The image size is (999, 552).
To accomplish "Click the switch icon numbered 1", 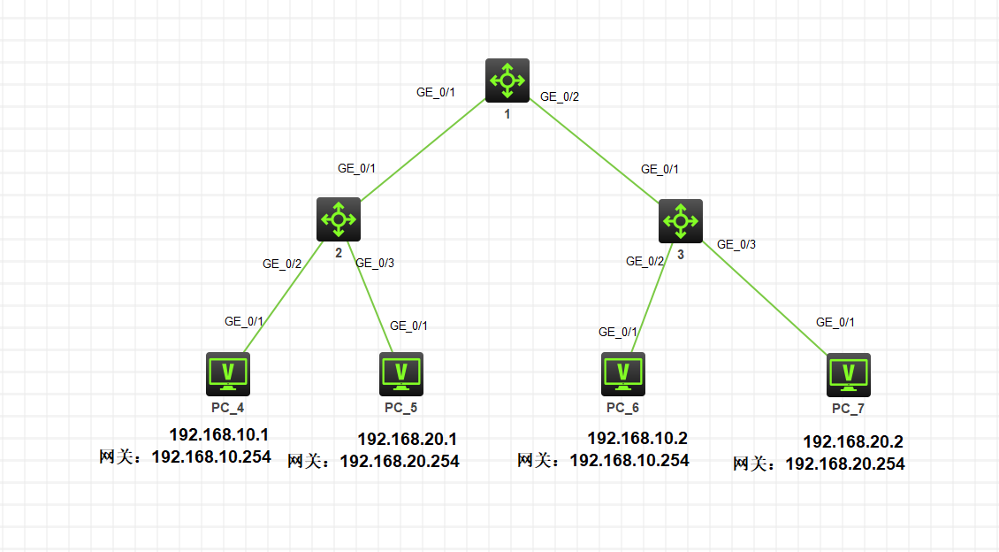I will pos(507,80).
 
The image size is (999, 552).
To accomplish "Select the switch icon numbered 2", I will pos(339,218).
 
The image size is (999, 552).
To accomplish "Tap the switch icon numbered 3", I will pos(681,220).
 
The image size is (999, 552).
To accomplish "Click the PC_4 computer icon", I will pos(228,373).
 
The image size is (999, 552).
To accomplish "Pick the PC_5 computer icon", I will pos(401,373).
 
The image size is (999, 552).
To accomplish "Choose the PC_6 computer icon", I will pos(623,373).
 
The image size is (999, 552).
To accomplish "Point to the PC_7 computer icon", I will pos(849,375).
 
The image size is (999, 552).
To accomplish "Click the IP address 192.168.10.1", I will pos(218,434).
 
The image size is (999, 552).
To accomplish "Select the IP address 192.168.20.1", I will pos(407,439).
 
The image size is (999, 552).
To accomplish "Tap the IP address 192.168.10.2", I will pos(637,438).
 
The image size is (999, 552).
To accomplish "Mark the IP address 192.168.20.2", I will pos(852,441).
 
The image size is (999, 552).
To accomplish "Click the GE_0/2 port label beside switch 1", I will pos(560,97).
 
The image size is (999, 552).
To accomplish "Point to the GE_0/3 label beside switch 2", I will pos(374,263).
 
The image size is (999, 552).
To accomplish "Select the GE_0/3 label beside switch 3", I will pos(736,244).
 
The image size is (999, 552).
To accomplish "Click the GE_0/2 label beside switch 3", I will pos(644,261).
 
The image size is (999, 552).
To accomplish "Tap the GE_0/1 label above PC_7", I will pos(835,323).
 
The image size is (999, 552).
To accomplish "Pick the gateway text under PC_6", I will pos(603,460).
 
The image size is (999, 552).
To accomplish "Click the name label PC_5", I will pos(401,408).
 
